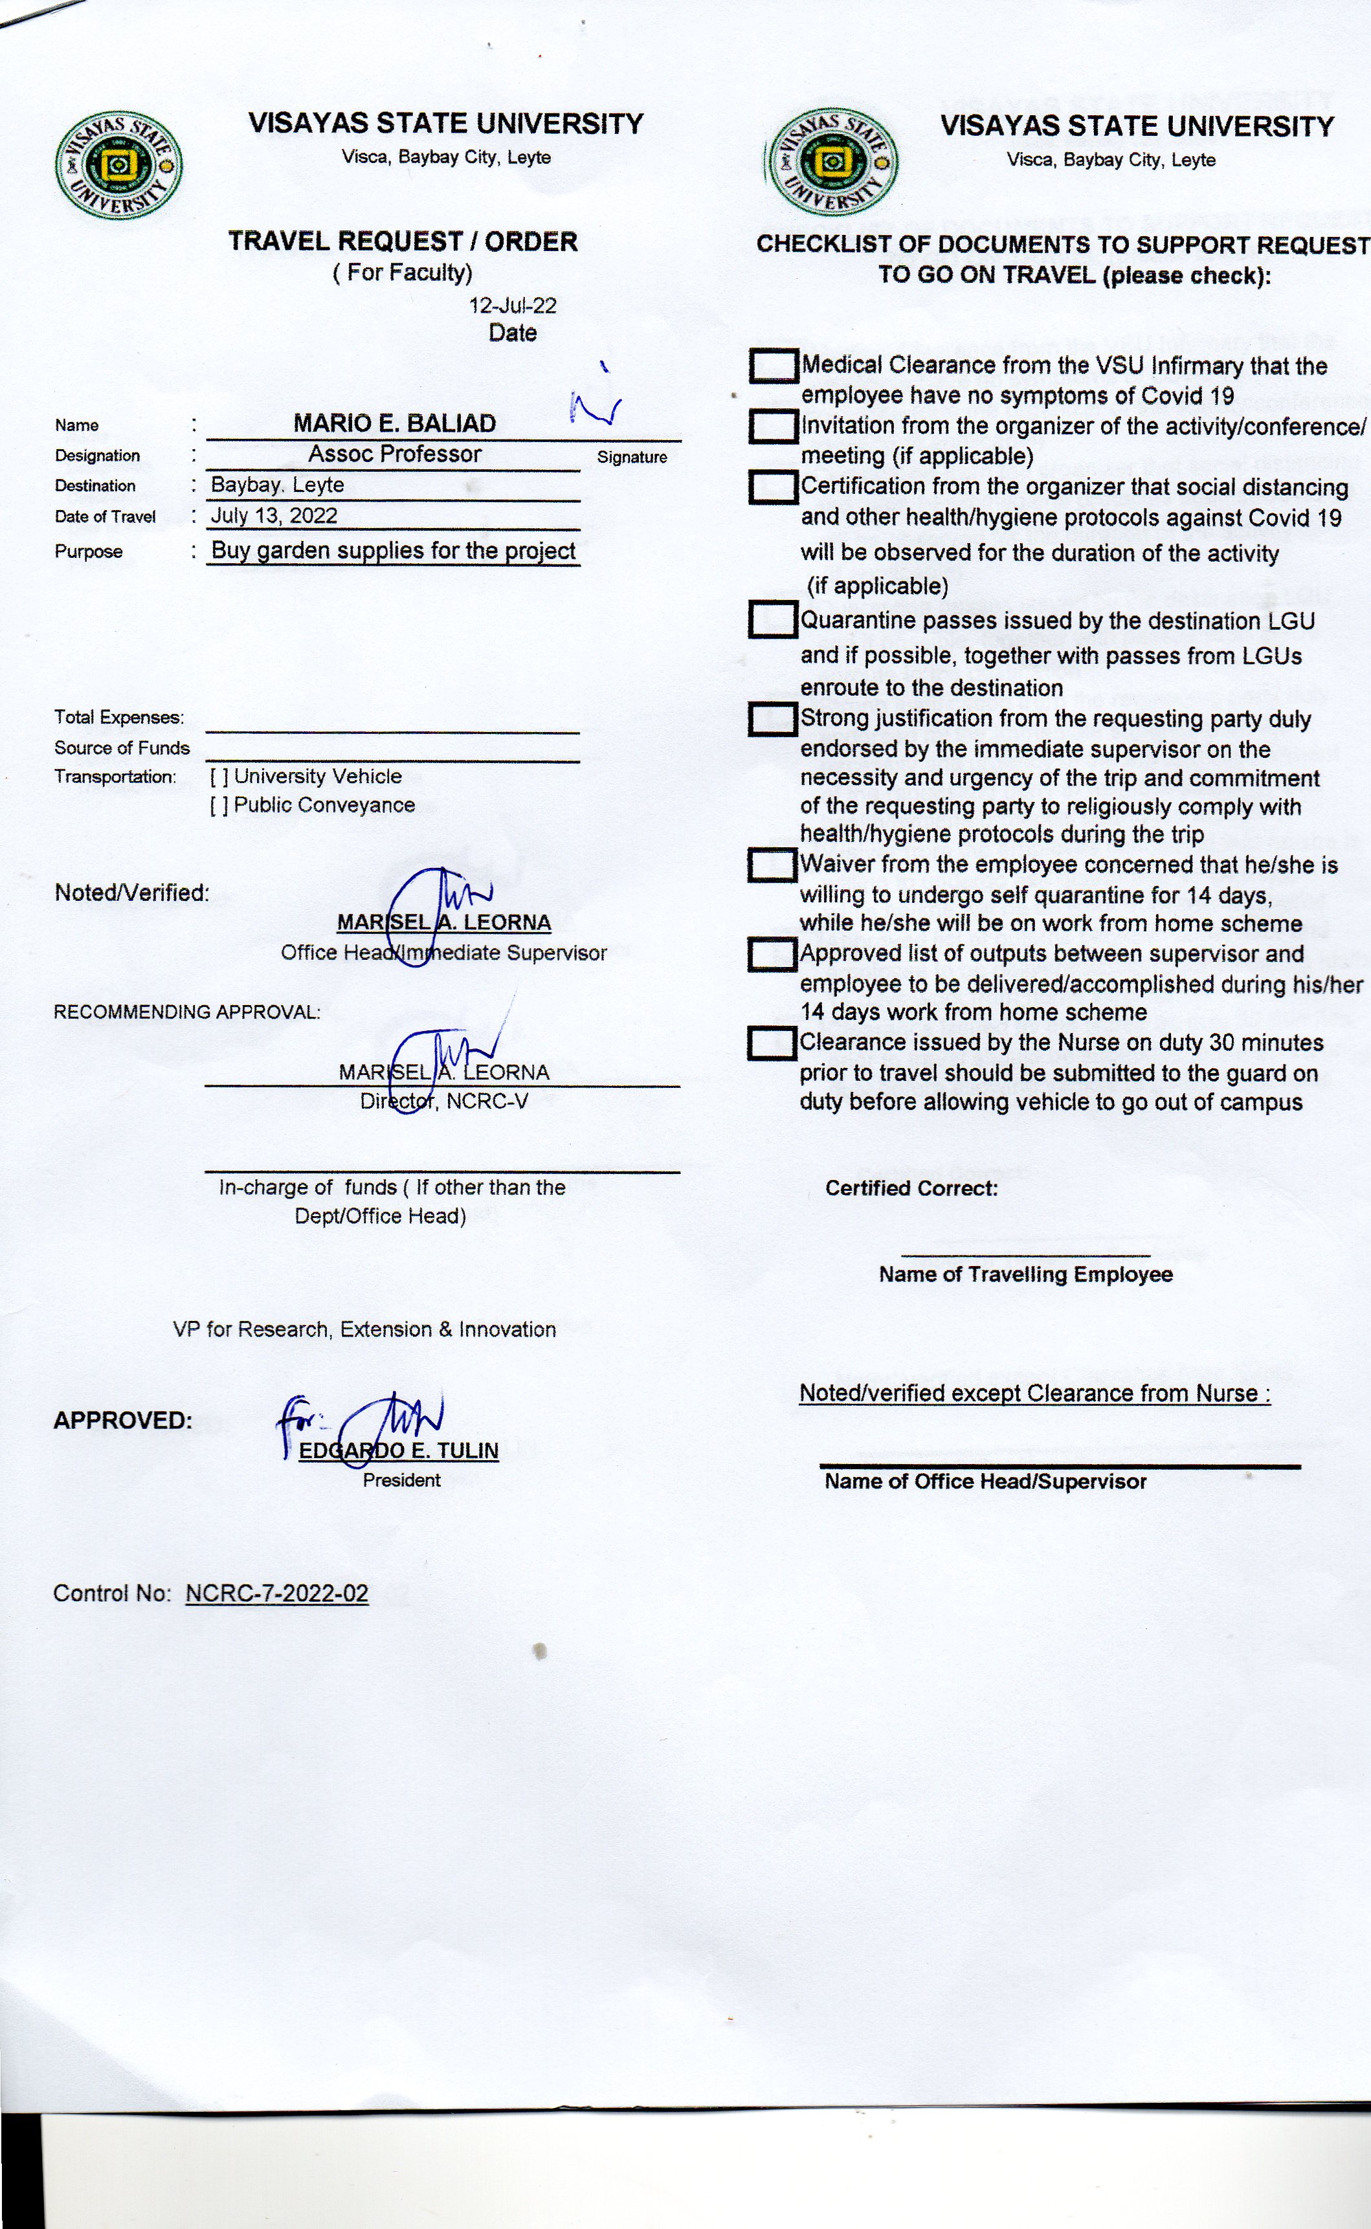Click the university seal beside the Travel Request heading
point(119,166)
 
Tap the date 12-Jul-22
point(512,305)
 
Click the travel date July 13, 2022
point(274,516)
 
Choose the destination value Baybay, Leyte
point(278,485)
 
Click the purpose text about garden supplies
point(394,551)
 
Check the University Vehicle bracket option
point(219,777)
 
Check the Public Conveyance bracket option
point(219,806)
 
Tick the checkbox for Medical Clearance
point(774,366)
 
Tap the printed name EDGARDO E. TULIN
point(399,1450)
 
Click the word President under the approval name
point(402,1480)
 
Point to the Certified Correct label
point(911,1188)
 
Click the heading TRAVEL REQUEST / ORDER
point(403,242)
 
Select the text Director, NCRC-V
point(443,1102)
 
